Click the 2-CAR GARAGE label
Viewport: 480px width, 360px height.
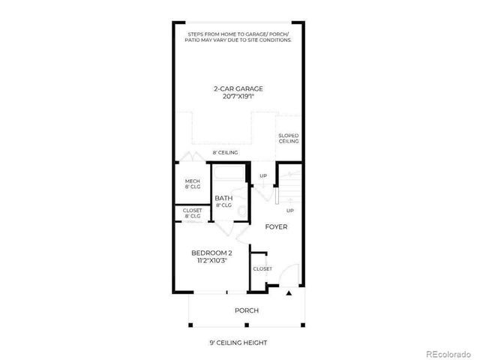coord(238,88)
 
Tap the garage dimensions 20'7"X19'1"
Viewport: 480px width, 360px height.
coord(238,97)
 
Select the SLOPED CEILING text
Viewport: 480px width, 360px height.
coord(289,138)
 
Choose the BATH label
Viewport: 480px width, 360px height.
coord(223,199)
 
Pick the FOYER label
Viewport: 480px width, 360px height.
coord(276,226)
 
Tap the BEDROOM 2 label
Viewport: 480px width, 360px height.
coord(211,253)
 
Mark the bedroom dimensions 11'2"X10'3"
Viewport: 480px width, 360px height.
coord(211,260)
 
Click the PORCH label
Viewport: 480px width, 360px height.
coord(247,310)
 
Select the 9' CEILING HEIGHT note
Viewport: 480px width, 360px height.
coord(238,343)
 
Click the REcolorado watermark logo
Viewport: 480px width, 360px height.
coord(448,353)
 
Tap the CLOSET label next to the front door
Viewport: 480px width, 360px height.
coord(262,268)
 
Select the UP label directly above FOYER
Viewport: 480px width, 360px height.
coord(289,211)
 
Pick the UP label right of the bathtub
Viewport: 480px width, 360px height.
coord(262,176)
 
